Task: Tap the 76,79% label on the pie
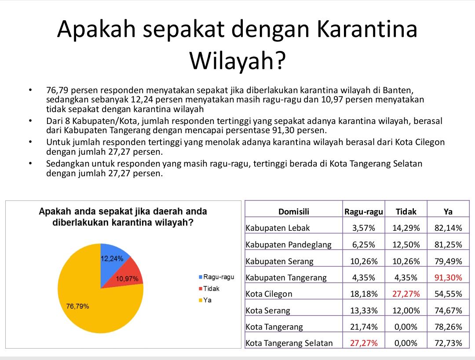(77, 306)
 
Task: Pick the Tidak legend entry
(209, 288)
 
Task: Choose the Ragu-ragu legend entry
(216, 277)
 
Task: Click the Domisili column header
(293, 211)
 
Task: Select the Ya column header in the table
(448, 211)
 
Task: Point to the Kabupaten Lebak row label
(278, 228)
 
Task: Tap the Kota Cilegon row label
(269, 294)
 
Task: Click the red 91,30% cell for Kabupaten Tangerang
(448, 278)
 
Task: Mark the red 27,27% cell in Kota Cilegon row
(406, 294)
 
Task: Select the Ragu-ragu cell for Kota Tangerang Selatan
(364, 343)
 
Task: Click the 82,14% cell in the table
(448, 228)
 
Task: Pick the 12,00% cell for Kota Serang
(406, 311)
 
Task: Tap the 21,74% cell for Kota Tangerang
(364, 327)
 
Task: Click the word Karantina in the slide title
(367, 29)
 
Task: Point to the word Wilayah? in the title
(237, 61)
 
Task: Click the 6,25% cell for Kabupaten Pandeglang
(364, 245)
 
